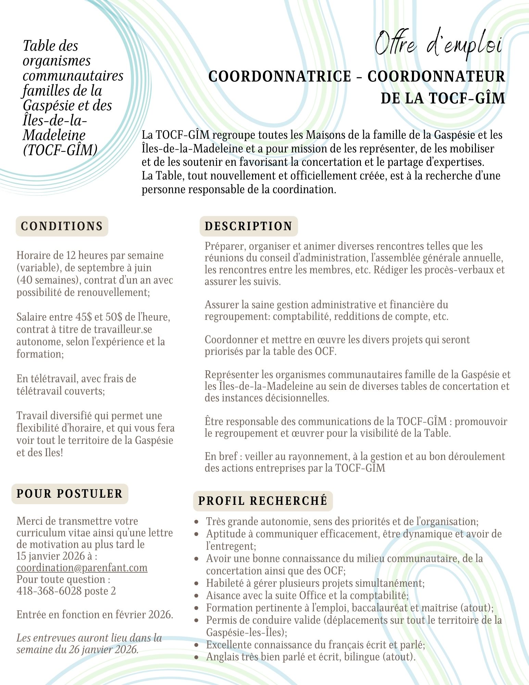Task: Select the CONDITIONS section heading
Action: (x=62, y=226)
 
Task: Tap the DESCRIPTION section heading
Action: (x=249, y=226)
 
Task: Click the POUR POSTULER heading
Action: (x=70, y=494)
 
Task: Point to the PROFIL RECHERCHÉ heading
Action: (x=263, y=501)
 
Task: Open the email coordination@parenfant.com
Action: (x=82, y=568)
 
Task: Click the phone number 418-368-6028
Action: (x=49, y=591)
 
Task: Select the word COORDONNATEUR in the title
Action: (x=436, y=76)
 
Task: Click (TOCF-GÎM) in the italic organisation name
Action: (x=60, y=150)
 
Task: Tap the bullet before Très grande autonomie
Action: (x=196, y=522)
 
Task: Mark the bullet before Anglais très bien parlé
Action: (x=196, y=657)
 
